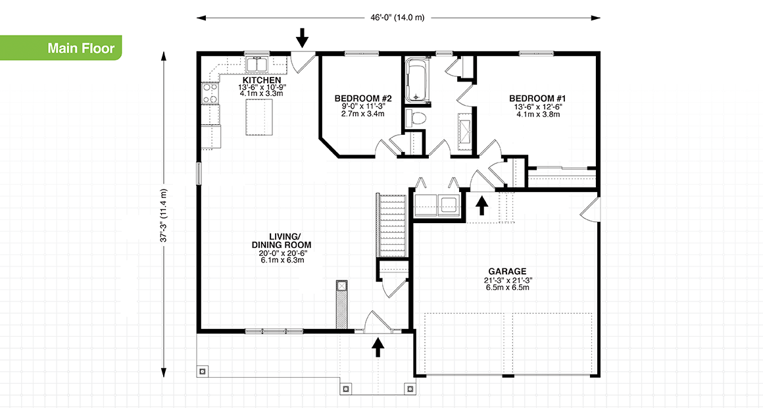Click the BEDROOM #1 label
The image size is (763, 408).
point(537,99)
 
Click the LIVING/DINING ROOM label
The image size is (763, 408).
point(285,240)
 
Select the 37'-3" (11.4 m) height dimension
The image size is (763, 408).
point(164,216)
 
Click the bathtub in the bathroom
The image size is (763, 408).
point(417,80)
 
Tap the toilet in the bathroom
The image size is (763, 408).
point(416,118)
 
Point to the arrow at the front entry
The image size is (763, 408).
point(378,347)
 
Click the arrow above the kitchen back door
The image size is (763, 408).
point(303,38)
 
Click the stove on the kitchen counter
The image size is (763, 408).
point(210,93)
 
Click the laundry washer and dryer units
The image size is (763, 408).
point(437,204)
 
